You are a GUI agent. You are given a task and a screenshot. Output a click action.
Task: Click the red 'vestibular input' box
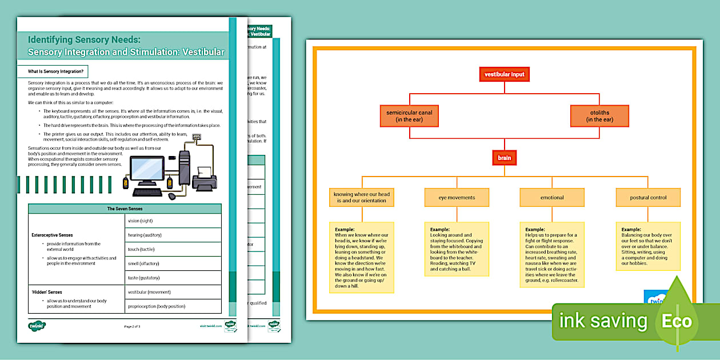coord(504,74)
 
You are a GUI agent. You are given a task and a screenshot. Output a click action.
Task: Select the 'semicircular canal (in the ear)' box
coord(409,116)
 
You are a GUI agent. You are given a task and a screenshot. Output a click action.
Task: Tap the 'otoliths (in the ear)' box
coord(599,116)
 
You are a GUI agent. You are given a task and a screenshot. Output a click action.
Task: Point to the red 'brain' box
coord(504,157)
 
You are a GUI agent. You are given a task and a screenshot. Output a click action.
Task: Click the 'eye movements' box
coord(457,198)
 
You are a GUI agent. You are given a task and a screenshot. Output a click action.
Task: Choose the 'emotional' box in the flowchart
coord(552,198)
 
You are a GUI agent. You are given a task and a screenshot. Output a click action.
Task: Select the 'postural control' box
coord(648,198)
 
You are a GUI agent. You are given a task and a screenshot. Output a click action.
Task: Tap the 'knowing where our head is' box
coord(362,198)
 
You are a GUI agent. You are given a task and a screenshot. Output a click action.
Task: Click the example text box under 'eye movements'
coord(457,249)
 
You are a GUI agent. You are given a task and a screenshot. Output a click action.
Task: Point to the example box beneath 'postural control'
coord(648,246)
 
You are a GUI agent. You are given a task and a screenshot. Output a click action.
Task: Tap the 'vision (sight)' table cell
coord(173,221)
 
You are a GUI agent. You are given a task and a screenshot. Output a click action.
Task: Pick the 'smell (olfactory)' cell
coord(173,263)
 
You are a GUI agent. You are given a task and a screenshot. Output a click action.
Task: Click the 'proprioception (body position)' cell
coord(173,306)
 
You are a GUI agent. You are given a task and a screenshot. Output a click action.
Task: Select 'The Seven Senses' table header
coord(125,209)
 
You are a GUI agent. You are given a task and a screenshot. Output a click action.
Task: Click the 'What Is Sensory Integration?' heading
coord(56,71)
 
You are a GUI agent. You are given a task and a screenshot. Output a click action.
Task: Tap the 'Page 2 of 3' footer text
coord(132,326)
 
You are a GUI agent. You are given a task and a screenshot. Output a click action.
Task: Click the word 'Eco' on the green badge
coord(676,321)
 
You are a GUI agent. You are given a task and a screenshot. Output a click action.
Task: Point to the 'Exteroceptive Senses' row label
coord(52,235)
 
